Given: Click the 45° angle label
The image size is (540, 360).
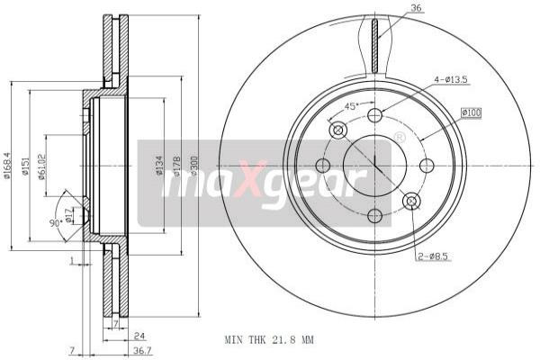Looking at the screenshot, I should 353,105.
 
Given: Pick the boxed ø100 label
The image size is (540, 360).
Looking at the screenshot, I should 472,112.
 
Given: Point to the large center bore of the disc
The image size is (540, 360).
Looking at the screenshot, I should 374,166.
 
